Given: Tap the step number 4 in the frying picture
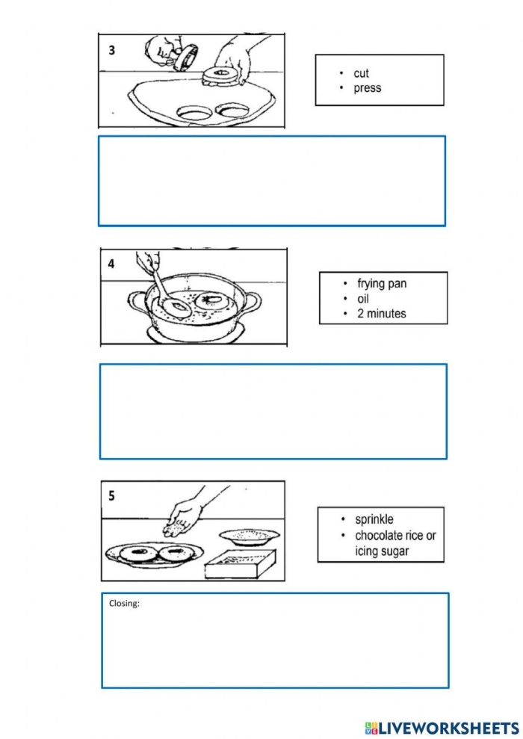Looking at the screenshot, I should pos(111,264).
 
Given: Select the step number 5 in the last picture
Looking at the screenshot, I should pos(111,495).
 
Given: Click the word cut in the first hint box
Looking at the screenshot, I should pos(361,73).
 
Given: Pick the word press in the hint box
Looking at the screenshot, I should pos(367,88).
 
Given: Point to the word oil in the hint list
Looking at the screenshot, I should pos(364,299).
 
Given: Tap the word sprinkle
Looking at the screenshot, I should pos(374,519).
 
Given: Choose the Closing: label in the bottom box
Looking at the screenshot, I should pos(124,604).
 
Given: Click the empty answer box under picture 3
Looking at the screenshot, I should pos(271,180).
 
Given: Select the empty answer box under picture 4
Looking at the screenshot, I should pos(273,411).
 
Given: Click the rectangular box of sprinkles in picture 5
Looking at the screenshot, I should pos(239,563).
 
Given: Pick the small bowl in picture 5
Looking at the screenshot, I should pos(249,536).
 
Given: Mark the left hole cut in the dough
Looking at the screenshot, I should pos(193,112).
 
